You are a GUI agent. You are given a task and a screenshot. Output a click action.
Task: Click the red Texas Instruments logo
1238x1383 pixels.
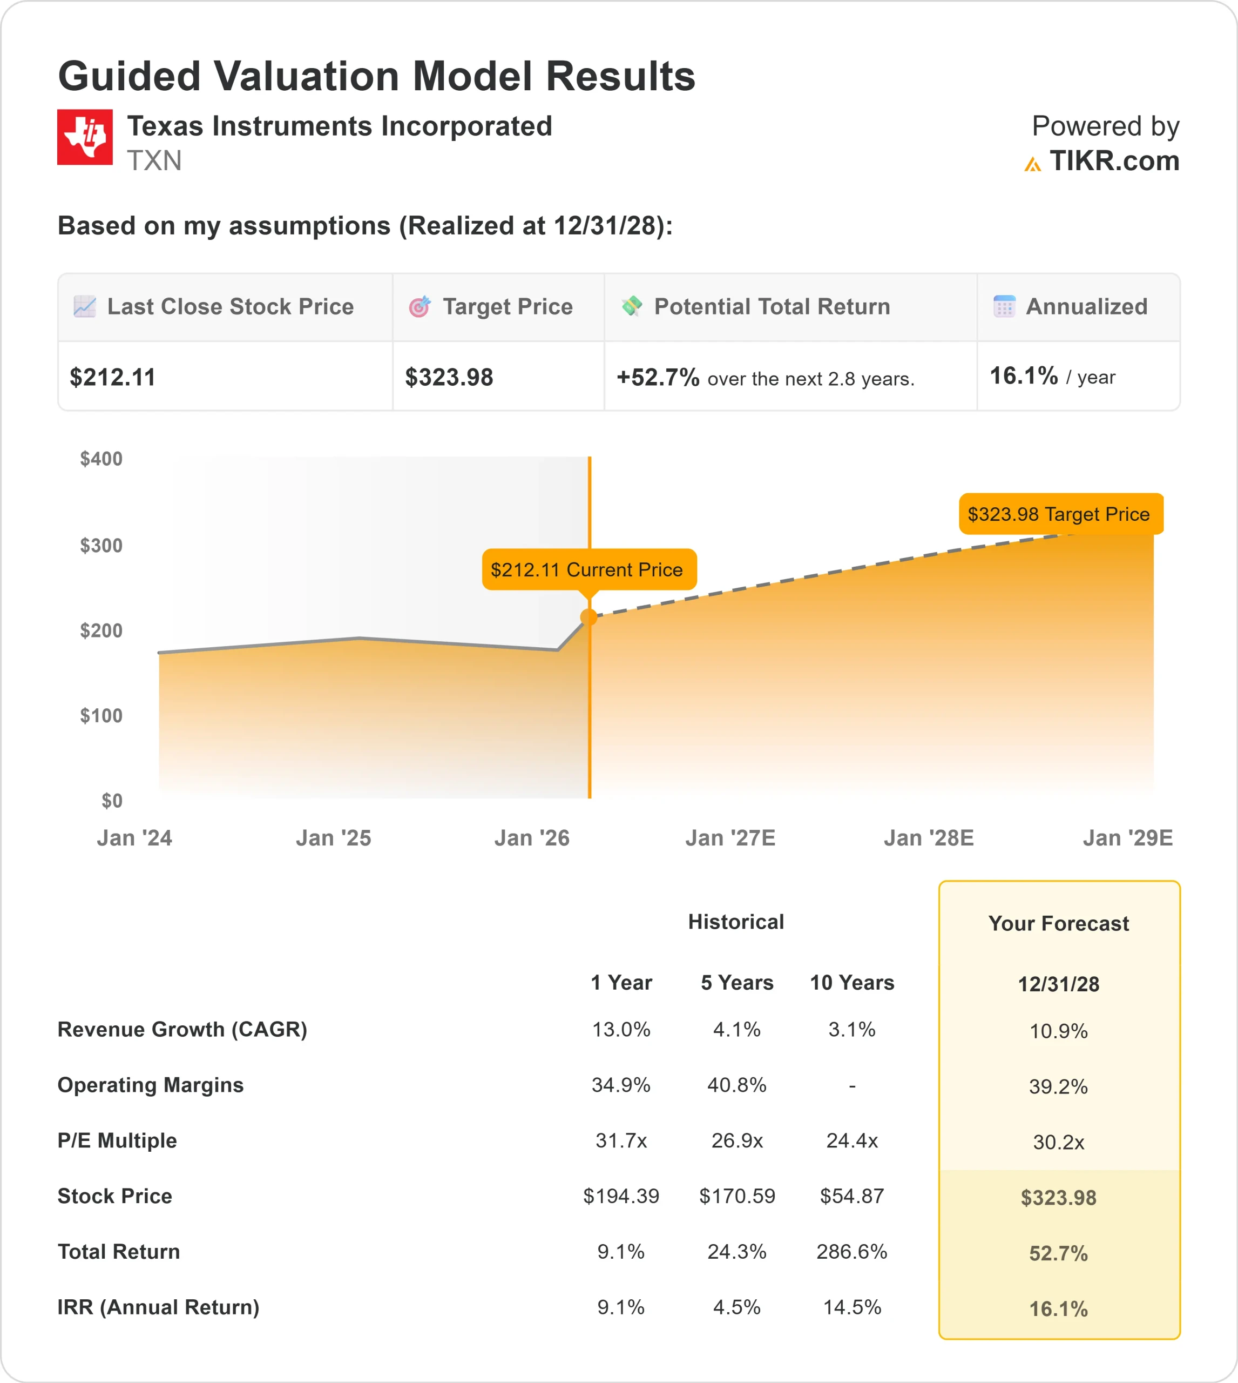pos(85,137)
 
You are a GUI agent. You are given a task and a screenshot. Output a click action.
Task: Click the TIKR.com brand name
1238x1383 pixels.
pos(1113,162)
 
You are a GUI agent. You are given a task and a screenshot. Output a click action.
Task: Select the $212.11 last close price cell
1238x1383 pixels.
pos(113,377)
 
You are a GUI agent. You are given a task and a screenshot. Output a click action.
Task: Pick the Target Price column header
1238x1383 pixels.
pos(507,307)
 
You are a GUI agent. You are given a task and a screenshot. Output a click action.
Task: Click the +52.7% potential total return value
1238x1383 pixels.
pos(657,377)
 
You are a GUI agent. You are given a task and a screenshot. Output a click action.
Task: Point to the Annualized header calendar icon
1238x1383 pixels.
pos(1004,307)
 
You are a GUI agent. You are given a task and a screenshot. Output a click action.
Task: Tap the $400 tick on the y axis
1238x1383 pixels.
pos(102,459)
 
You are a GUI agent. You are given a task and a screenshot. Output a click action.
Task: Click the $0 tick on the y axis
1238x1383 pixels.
pos(112,801)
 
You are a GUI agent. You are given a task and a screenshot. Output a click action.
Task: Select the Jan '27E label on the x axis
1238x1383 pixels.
pos(730,838)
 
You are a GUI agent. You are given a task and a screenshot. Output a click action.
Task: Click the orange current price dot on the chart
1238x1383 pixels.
pos(589,617)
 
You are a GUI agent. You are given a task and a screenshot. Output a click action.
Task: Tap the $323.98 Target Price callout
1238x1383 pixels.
pos(1060,514)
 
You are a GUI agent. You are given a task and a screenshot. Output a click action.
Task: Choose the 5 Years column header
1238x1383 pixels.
pos(736,983)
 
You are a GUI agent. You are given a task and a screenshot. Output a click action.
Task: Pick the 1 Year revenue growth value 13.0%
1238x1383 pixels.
pos(621,1030)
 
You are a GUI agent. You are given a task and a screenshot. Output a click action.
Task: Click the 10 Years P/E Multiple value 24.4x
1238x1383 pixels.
pos(851,1140)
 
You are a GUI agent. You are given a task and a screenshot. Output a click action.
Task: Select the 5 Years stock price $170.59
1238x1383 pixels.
pos(736,1196)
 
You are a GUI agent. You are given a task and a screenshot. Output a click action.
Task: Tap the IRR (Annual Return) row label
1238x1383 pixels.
pos(159,1307)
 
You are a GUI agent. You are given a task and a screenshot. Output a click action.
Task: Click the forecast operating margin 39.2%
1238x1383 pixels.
pos(1058,1086)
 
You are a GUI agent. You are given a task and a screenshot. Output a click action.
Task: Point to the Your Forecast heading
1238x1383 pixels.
pos(1058,924)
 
